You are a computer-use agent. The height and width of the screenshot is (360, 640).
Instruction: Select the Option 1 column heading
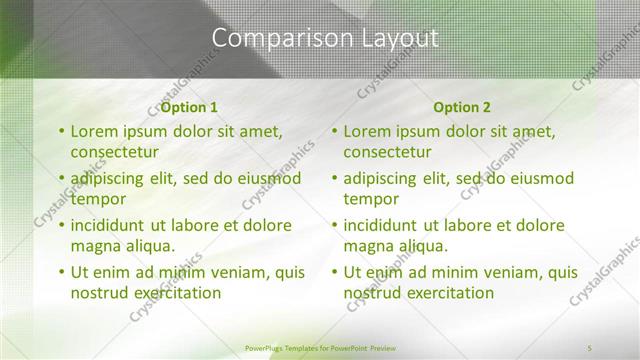[x=189, y=107]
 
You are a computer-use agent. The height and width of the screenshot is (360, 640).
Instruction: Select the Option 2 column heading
[x=462, y=107]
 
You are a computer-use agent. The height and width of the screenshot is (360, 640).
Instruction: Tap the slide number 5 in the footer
[x=590, y=347]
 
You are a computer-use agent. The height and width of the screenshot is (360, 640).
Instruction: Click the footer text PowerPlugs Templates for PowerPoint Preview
[x=320, y=347]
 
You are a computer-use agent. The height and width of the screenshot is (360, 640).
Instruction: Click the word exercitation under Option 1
[x=170, y=293]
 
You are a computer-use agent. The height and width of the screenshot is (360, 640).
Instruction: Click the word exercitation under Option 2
[x=443, y=293]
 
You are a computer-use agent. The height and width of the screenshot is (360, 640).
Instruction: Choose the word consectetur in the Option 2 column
[x=388, y=153]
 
